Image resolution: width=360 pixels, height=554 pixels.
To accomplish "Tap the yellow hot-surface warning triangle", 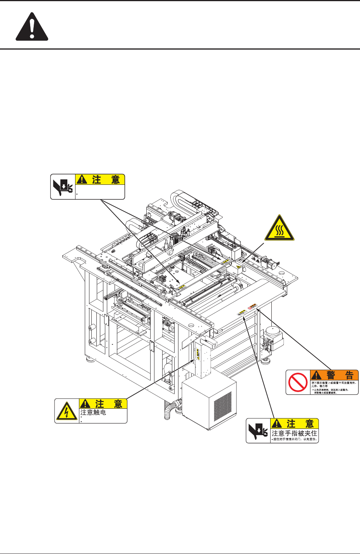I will pos(279,228).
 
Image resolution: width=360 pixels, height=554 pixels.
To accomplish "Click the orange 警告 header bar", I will pos(334,375).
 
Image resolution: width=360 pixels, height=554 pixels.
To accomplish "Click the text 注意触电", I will pos(93,413).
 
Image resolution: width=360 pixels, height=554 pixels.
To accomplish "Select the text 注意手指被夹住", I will pos(294,433).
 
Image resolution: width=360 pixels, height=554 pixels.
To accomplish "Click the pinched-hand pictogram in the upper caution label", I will pos(63,187).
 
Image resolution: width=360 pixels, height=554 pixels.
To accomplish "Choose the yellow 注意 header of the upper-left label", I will pos(100,180).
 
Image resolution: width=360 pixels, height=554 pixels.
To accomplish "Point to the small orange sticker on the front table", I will pos(253,306).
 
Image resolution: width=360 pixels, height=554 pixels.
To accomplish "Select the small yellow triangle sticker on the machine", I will pos(239,267).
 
